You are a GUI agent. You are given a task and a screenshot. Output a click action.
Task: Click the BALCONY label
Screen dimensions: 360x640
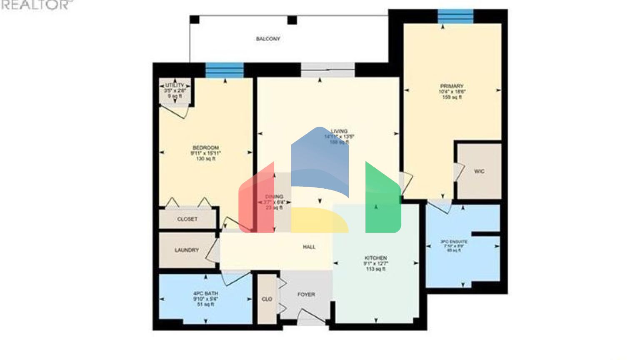pos(268,39)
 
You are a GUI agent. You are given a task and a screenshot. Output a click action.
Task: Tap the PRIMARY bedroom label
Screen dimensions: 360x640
pos(452,86)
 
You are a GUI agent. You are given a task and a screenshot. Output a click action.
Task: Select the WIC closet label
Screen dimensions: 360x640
pos(479,171)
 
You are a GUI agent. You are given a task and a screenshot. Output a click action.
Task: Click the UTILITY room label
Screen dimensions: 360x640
pos(175,85)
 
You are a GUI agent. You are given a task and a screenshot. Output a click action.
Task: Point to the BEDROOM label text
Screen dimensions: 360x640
pos(205,148)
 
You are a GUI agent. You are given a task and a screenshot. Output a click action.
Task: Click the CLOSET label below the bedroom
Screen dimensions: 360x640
pos(187,219)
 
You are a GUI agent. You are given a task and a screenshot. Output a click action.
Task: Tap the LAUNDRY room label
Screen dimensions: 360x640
pos(187,250)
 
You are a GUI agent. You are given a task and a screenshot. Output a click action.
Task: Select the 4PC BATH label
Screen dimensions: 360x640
pos(205,293)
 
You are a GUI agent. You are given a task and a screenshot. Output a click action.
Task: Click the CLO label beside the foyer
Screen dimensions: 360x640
pos(267,299)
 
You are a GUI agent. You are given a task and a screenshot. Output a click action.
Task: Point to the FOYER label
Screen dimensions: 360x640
pos(306,295)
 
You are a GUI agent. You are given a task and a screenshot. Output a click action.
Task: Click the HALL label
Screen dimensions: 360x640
pos(309,247)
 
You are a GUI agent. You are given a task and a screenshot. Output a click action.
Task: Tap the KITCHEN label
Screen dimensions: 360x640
pos(375,258)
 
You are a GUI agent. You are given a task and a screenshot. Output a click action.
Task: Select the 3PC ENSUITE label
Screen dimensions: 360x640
pos(454,242)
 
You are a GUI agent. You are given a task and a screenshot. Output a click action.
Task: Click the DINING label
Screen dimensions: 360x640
pos(274,197)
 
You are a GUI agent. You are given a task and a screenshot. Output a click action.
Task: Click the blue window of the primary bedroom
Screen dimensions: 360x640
pos(455,16)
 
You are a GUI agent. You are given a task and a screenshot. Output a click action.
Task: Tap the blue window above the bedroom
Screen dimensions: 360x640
pos(224,70)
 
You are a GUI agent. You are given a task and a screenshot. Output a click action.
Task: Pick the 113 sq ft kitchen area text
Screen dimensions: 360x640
pos(375,269)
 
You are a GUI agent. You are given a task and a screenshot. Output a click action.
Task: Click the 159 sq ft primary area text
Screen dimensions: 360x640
pos(452,97)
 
